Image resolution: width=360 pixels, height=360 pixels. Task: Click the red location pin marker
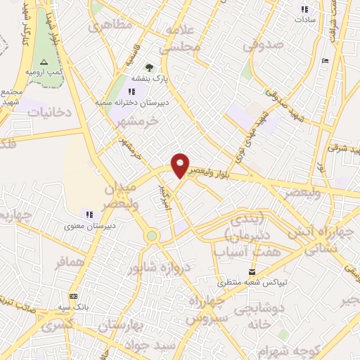point(180,165)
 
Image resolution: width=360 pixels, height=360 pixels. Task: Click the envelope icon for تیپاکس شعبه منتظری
point(252,272)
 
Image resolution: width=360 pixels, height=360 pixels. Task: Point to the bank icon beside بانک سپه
point(74,296)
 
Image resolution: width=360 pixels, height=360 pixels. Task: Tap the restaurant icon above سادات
point(304,9)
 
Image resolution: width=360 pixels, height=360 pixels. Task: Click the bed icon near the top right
point(324,61)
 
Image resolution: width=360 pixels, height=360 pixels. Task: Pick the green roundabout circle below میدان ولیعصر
point(151,236)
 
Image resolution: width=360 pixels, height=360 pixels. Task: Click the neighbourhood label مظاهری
point(108,27)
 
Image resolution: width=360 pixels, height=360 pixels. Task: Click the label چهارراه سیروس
point(207,309)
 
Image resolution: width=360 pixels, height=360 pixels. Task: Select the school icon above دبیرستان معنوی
point(89,214)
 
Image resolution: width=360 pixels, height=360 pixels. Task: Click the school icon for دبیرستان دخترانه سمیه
point(131,91)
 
